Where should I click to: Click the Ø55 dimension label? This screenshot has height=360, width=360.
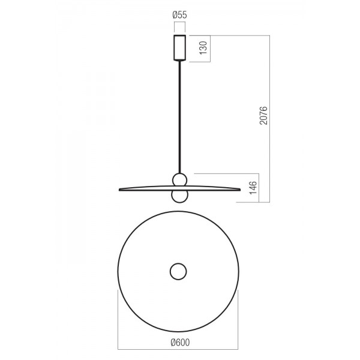[x=179, y=15]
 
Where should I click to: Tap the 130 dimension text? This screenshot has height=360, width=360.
[x=203, y=48]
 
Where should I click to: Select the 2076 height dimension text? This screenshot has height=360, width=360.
[x=263, y=115]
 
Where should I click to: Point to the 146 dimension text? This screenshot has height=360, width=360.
[x=253, y=188]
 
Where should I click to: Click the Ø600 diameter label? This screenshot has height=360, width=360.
[x=180, y=343]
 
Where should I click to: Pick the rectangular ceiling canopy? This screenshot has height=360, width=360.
[x=179, y=48]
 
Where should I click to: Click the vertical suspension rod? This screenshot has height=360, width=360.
[x=180, y=117]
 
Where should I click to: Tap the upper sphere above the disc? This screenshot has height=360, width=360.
[x=180, y=180]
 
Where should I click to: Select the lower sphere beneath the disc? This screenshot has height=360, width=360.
[x=180, y=196]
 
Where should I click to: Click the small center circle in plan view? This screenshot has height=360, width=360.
[x=178, y=271]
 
